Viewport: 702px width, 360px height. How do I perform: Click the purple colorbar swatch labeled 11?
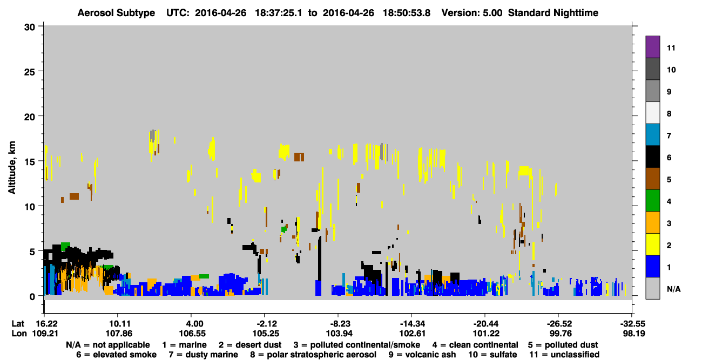click(652, 46)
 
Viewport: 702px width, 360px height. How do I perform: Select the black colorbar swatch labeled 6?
click(652, 157)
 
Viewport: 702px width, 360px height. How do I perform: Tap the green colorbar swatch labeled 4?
click(652, 201)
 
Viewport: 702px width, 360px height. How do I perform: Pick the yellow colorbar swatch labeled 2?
click(652, 244)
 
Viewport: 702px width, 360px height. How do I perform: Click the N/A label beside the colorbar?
click(673, 289)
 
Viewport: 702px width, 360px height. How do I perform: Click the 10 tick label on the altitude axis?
click(30, 207)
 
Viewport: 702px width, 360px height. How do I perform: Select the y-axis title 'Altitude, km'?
click(11, 167)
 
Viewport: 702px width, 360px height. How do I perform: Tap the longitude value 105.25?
click(266, 334)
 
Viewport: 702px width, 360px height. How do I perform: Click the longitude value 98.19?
click(633, 334)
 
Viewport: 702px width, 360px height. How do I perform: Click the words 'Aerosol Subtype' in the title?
click(116, 13)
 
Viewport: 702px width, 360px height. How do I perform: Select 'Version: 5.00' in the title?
click(472, 13)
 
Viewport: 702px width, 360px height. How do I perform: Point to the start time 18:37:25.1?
click(279, 13)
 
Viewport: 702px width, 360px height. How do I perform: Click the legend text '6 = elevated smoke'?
click(116, 355)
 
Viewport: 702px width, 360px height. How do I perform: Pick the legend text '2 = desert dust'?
click(250, 345)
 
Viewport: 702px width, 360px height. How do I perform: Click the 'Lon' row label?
click(19, 334)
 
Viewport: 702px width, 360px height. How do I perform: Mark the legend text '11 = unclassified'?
click(564, 355)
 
